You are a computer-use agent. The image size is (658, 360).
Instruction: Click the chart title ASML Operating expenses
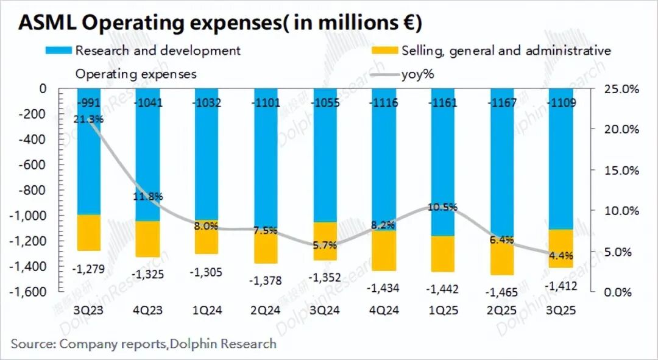(220, 23)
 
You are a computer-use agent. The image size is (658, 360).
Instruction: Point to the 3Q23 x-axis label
(89, 310)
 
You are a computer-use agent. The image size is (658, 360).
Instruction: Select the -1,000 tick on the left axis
(29, 216)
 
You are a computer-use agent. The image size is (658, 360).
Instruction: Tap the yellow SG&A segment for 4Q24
(384, 250)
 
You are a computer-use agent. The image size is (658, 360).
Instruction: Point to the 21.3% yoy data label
(89, 119)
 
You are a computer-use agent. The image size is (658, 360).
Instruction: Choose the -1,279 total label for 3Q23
(89, 269)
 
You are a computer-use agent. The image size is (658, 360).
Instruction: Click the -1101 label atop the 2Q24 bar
(266, 103)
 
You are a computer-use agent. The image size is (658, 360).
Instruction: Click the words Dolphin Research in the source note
(224, 344)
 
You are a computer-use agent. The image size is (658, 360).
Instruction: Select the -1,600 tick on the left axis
(29, 292)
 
